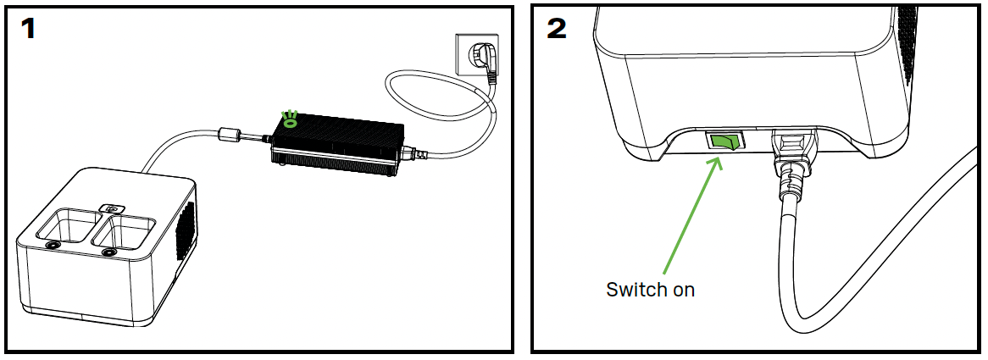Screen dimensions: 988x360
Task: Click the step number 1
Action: click(28, 28)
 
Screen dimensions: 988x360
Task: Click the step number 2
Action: click(557, 28)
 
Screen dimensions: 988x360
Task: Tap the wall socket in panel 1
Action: click(476, 55)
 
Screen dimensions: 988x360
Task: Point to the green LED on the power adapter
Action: click(290, 120)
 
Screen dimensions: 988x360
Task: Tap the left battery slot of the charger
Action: click(70, 225)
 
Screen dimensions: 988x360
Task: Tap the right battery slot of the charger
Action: click(124, 231)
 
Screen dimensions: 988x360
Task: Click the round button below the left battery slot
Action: click(51, 244)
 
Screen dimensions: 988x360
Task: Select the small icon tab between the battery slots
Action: click(111, 208)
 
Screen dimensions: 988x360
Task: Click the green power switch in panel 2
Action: click(722, 141)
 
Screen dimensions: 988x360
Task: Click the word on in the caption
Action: click(682, 291)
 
